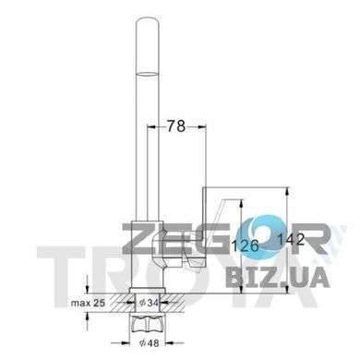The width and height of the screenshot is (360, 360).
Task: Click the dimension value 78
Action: [176, 126]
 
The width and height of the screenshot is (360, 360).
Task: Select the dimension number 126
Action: [245, 246]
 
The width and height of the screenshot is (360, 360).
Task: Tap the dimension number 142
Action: [291, 239]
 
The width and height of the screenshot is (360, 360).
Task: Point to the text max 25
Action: [88, 303]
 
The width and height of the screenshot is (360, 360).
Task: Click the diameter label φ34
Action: [150, 303]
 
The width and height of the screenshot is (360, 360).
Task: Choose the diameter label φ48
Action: [150, 342]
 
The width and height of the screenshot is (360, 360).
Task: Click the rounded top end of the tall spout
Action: [148, 23]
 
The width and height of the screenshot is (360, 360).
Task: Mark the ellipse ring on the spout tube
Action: [148, 74]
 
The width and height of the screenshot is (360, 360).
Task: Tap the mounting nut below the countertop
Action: [148, 326]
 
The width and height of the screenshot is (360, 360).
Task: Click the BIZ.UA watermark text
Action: [278, 277]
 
